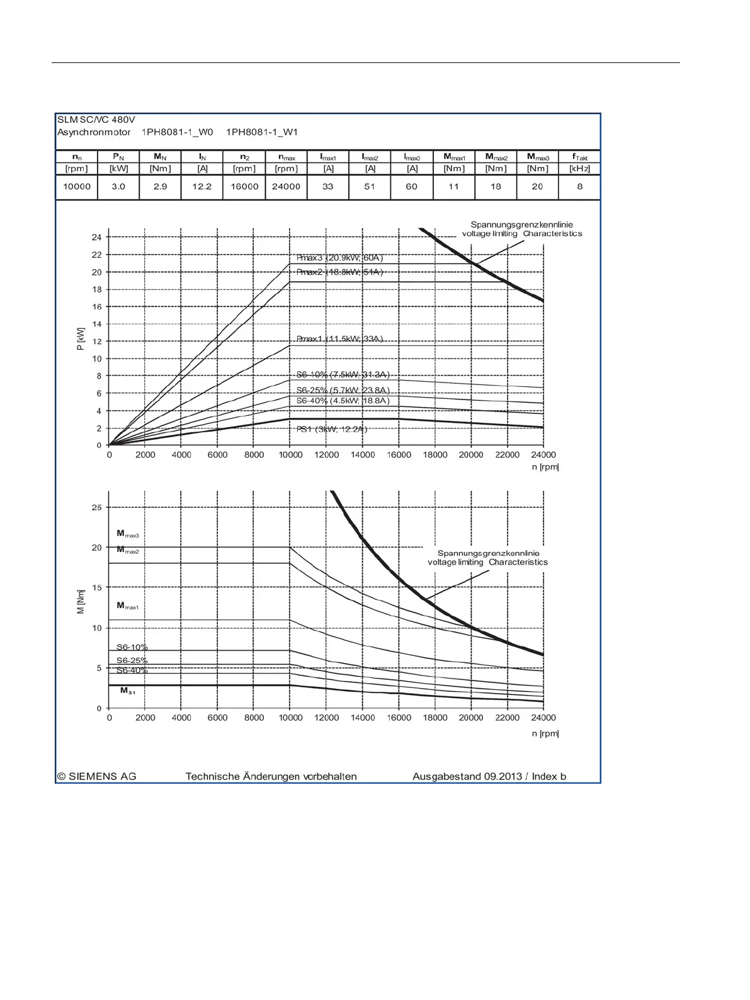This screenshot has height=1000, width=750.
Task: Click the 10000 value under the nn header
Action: coord(77,187)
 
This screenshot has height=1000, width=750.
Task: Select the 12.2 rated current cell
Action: coord(202,187)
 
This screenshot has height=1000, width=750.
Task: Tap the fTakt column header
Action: coord(580,157)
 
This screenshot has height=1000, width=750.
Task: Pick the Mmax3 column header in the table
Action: coord(538,157)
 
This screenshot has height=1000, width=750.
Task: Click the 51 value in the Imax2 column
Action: coord(370,187)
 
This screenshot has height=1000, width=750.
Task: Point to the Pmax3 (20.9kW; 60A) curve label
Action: coord(339,258)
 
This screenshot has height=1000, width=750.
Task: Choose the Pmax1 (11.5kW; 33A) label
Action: coord(339,339)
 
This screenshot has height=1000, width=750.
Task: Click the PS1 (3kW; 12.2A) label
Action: coord(332,429)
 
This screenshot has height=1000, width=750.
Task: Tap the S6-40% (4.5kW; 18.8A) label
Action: coord(343,401)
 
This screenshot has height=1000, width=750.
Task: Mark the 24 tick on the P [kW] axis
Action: coord(96,238)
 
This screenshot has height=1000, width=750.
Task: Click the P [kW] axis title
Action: coord(81,338)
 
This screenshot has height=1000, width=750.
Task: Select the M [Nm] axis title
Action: coord(81,602)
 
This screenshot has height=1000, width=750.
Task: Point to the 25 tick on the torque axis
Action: coord(96,507)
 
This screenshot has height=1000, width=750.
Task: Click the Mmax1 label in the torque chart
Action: coord(127,606)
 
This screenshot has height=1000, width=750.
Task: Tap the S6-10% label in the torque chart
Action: coord(132,647)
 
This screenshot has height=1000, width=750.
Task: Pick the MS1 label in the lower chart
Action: coord(128,691)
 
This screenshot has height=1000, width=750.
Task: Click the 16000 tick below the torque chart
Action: coord(399,718)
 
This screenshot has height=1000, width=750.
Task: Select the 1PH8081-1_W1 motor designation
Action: coord(262,132)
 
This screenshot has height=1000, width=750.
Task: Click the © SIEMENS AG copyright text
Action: coord(96,776)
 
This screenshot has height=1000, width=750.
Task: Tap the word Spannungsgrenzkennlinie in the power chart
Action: coord(521,224)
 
